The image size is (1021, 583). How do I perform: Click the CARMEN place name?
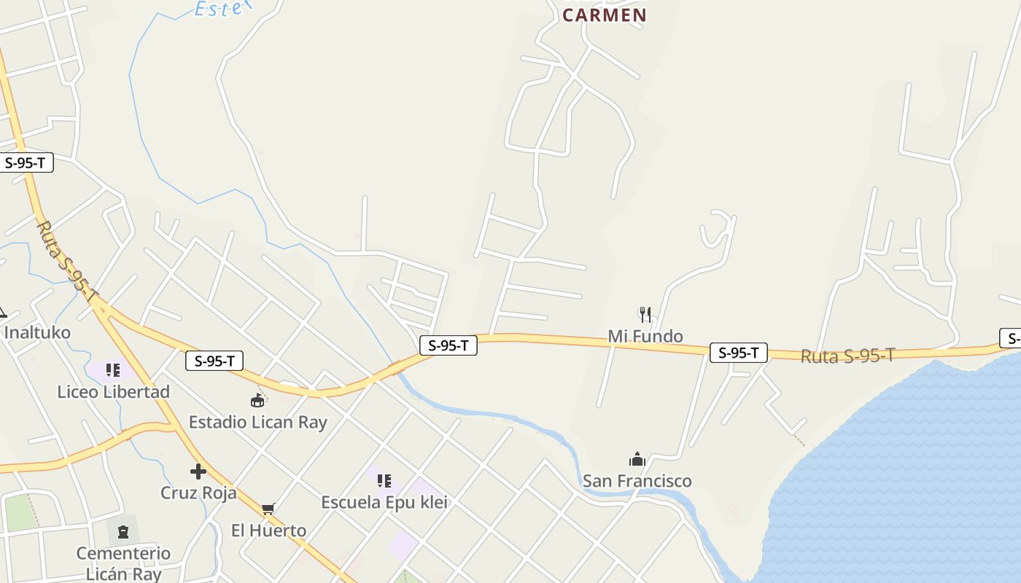[604, 15]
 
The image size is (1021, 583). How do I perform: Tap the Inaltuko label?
[37, 333]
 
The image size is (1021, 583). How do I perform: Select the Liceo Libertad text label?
[113, 392]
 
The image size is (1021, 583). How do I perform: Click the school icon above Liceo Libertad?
[112, 370]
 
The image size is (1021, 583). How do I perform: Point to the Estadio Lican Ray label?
[257, 423]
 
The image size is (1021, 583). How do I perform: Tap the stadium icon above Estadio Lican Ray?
[257, 400]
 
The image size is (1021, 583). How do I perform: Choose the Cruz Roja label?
[198, 493]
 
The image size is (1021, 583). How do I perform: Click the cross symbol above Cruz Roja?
[198, 472]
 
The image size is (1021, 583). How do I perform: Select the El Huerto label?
[268, 531]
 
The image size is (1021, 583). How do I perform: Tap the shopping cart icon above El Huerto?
[268, 509]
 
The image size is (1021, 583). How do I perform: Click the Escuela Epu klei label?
[384, 503]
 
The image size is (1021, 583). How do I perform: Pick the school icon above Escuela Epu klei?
[384, 481]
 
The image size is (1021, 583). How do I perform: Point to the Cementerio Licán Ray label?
[123, 563]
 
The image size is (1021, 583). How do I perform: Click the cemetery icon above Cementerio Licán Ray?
[123, 532]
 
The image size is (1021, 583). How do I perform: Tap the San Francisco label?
[637, 481]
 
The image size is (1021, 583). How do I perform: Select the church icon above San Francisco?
[637, 459]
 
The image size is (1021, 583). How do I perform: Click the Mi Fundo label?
[645, 337]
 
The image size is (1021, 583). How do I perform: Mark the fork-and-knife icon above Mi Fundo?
[645, 315]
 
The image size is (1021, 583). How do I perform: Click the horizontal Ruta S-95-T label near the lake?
[847, 356]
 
